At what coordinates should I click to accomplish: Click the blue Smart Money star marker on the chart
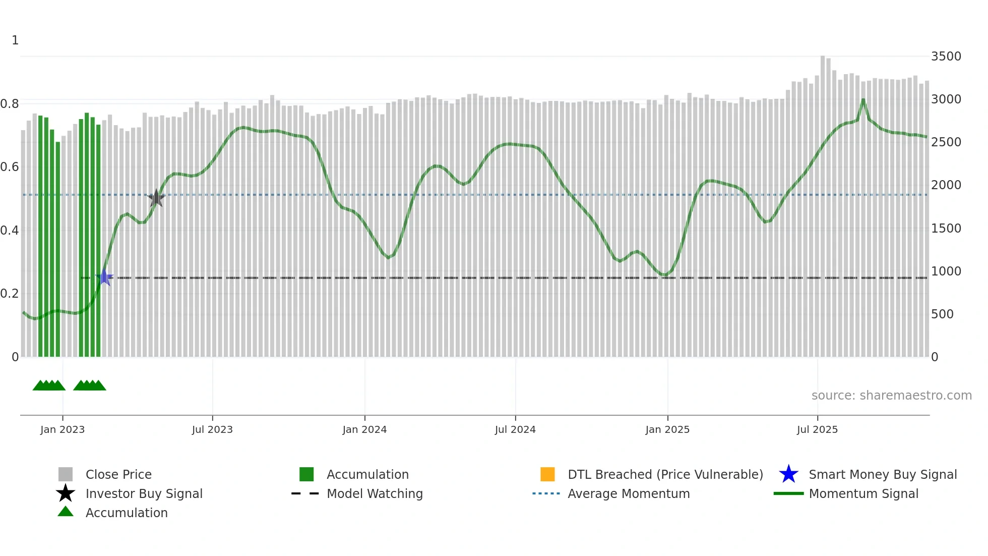[x=104, y=277]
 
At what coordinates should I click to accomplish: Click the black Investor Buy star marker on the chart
[x=156, y=198]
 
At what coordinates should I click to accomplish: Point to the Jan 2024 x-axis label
[x=364, y=430]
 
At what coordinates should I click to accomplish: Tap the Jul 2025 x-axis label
[x=817, y=430]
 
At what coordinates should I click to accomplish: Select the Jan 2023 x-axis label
[x=63, y=430]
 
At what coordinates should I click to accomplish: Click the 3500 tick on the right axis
[x=946, y=57]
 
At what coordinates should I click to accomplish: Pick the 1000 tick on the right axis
[x=946, y=271]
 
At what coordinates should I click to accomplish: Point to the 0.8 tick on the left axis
[x=10, y=104]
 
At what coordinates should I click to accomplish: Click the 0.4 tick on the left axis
[x=10, y=231]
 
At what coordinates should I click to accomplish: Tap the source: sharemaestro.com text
[x=891, y=396]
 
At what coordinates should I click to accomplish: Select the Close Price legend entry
[x=118, y=475]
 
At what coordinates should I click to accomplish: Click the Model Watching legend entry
[x=375, y=494]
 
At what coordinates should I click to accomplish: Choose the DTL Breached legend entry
[x=665, y=475]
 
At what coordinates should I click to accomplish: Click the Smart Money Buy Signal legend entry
[x=882, y=475]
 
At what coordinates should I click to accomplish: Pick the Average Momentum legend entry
[x=629, y=494]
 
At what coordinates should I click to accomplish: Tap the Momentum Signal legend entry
[x=863, y=494]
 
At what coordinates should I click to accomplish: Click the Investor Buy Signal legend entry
[x=144, y=494]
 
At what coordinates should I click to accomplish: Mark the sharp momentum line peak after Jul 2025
[x=863, y=100]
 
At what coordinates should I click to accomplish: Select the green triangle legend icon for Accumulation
[x=66, y=512]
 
